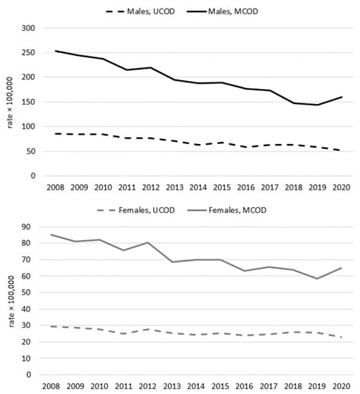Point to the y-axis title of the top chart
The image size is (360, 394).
pyautogui.click(x=11, y=102)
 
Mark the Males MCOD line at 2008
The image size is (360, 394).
pyautogui.click(x=55, y=51)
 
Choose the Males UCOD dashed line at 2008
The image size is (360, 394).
pyautogui.click(x=55, y=134)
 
